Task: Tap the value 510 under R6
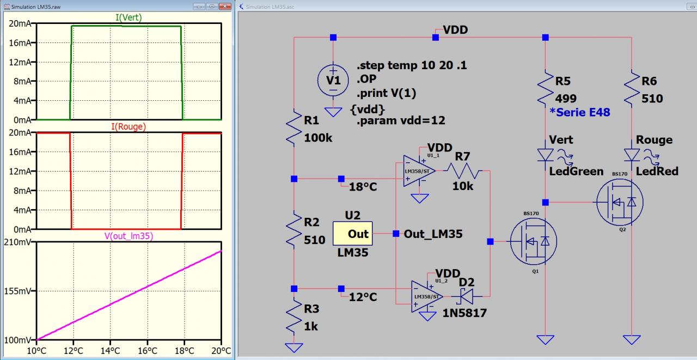(x=652, y=99)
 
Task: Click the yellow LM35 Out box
(x=352, y=234)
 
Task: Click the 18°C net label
(x=363, y=187)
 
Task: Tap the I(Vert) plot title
(x=129, y=17)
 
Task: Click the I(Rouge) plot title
(x=129, y=127)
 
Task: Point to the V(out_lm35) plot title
(x=129, y=236)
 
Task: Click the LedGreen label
(x=576, y=172)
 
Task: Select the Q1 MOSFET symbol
(x=533, y=241)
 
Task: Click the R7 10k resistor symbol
(x=463, y=173)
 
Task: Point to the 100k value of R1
(x=318, y=138)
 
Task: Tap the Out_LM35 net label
(x=433, y=234)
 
